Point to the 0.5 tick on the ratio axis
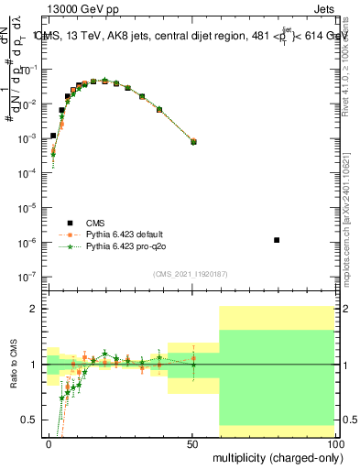[x=30, y=420]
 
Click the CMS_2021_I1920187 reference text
[x=189, y=274]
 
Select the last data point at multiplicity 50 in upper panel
[x=192, y=141]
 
